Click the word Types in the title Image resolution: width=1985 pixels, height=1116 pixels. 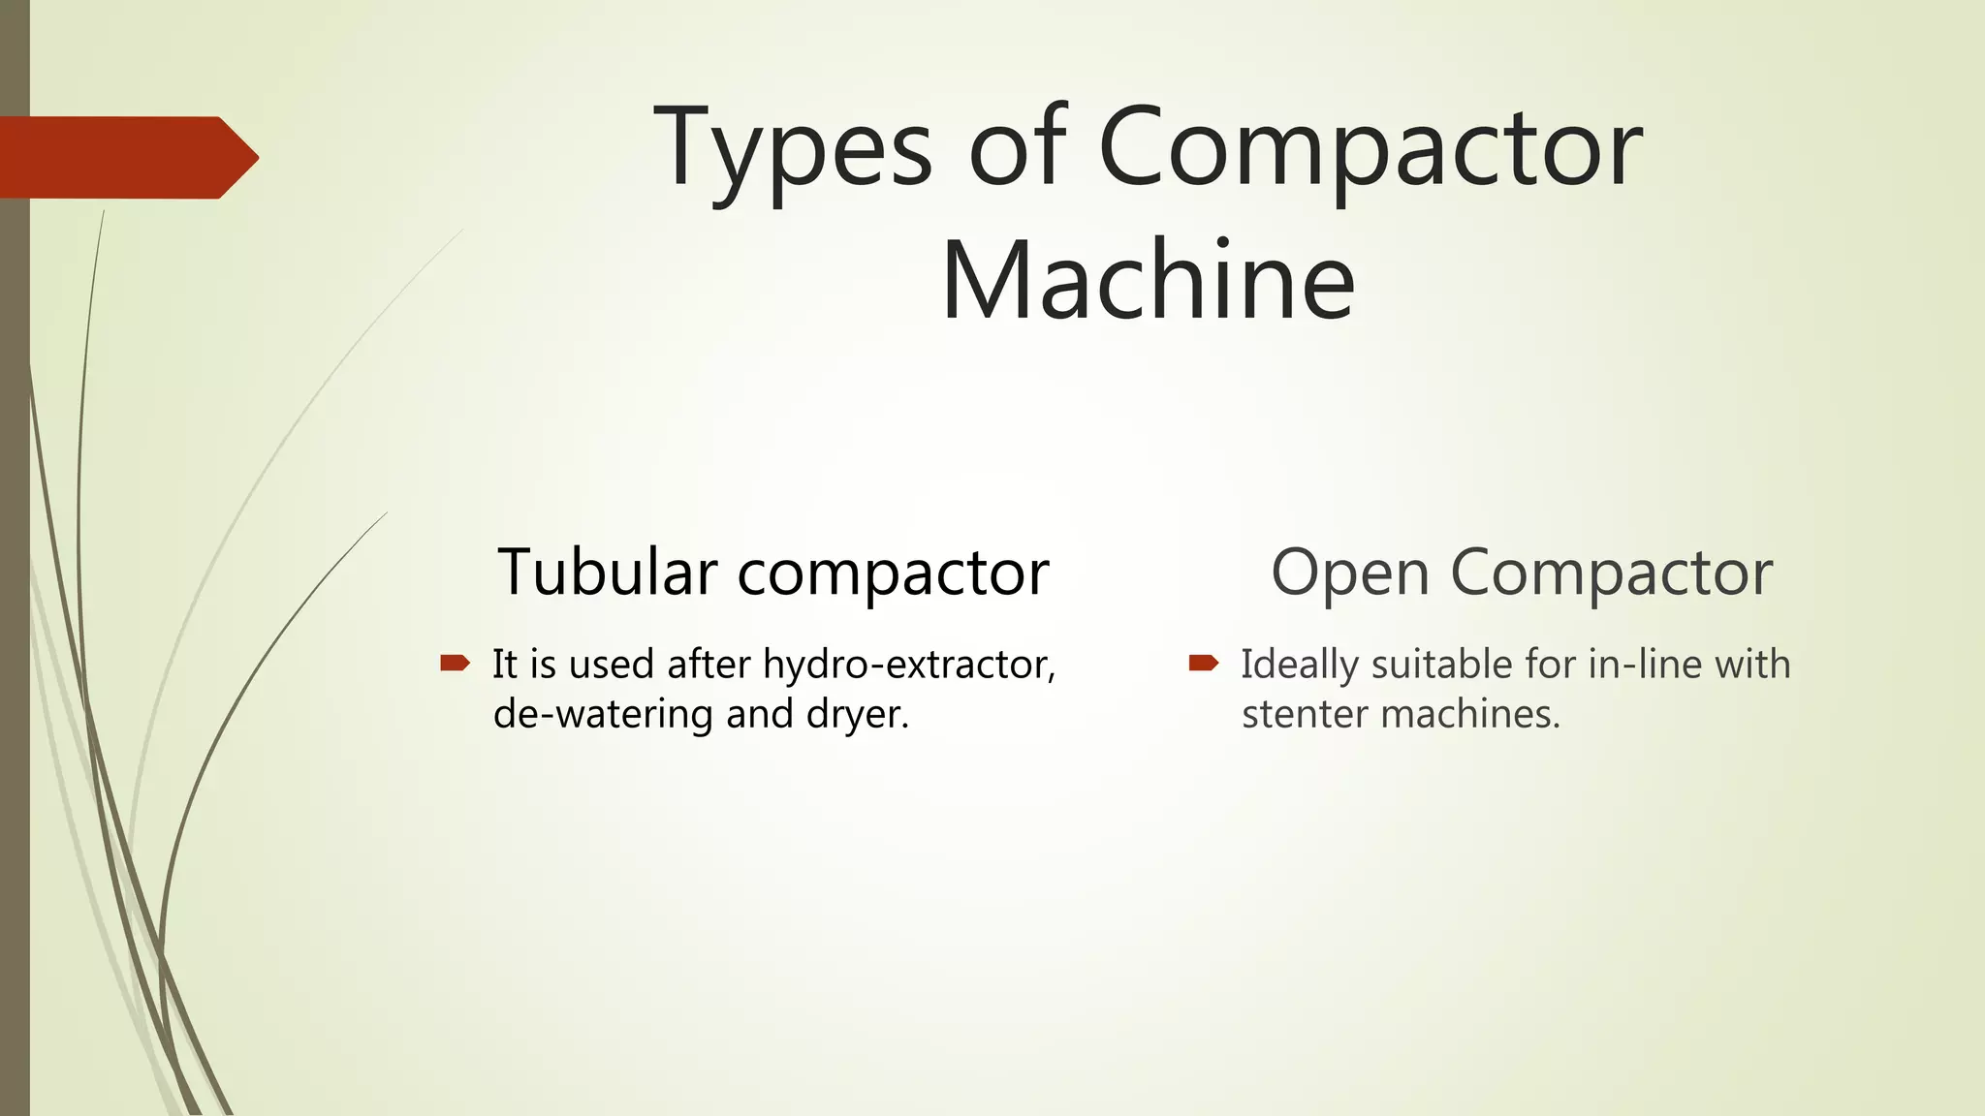click(794, 147)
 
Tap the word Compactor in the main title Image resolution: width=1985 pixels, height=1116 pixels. click(1371, 147)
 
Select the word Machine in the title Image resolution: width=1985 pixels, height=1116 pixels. click(1148, 281)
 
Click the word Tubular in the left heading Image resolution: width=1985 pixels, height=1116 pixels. click(608, 572)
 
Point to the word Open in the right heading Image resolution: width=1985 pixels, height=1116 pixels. click(1350, 573)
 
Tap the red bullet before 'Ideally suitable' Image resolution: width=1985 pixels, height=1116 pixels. click(1203, 664)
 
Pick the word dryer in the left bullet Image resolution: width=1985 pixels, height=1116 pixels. click(858, 716)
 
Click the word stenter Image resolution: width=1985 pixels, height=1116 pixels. click(1304, 715)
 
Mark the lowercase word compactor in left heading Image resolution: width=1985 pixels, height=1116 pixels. click(893, 573)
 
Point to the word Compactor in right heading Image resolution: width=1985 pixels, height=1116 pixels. click(1611, 573)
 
